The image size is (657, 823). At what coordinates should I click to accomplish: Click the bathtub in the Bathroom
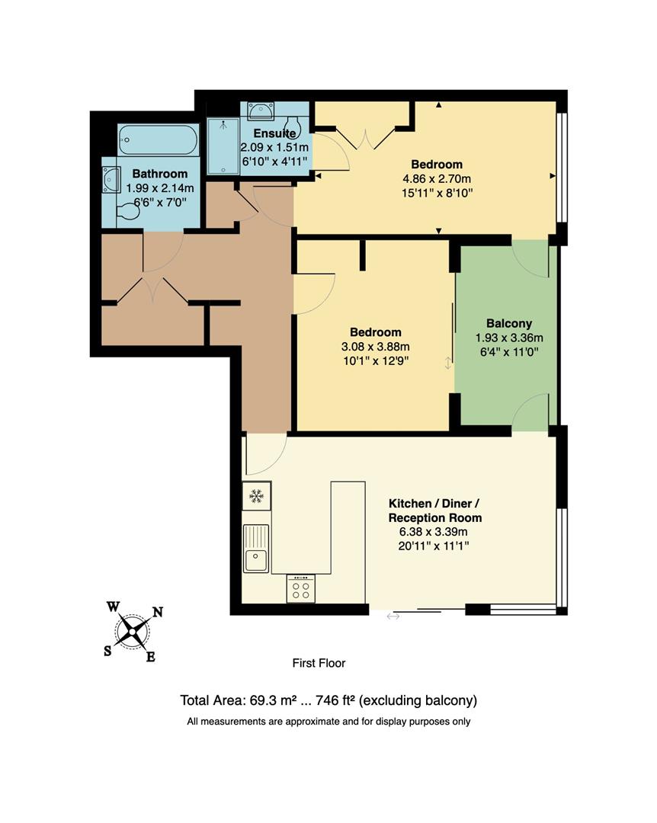[x=159, y=140]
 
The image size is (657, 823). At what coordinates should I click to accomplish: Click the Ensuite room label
[x=260, y=134]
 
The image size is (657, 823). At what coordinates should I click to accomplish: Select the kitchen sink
[x=256, y=559]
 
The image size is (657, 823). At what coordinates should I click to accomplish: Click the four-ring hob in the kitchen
[x=301, y=588]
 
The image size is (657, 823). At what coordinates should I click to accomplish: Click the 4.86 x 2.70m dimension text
[x=437, y=179]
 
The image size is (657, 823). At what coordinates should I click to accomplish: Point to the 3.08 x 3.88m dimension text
[x=376, y=347]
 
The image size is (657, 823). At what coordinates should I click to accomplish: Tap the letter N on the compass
[x=159, y=612]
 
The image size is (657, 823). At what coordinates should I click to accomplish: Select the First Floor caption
[x=319, y=663]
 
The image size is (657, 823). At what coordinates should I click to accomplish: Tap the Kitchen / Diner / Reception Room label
[x=435, y=511]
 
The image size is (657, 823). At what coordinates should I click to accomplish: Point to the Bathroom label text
[x=159, y=174]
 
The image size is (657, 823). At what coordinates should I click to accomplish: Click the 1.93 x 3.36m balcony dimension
[x=509, y=338]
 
